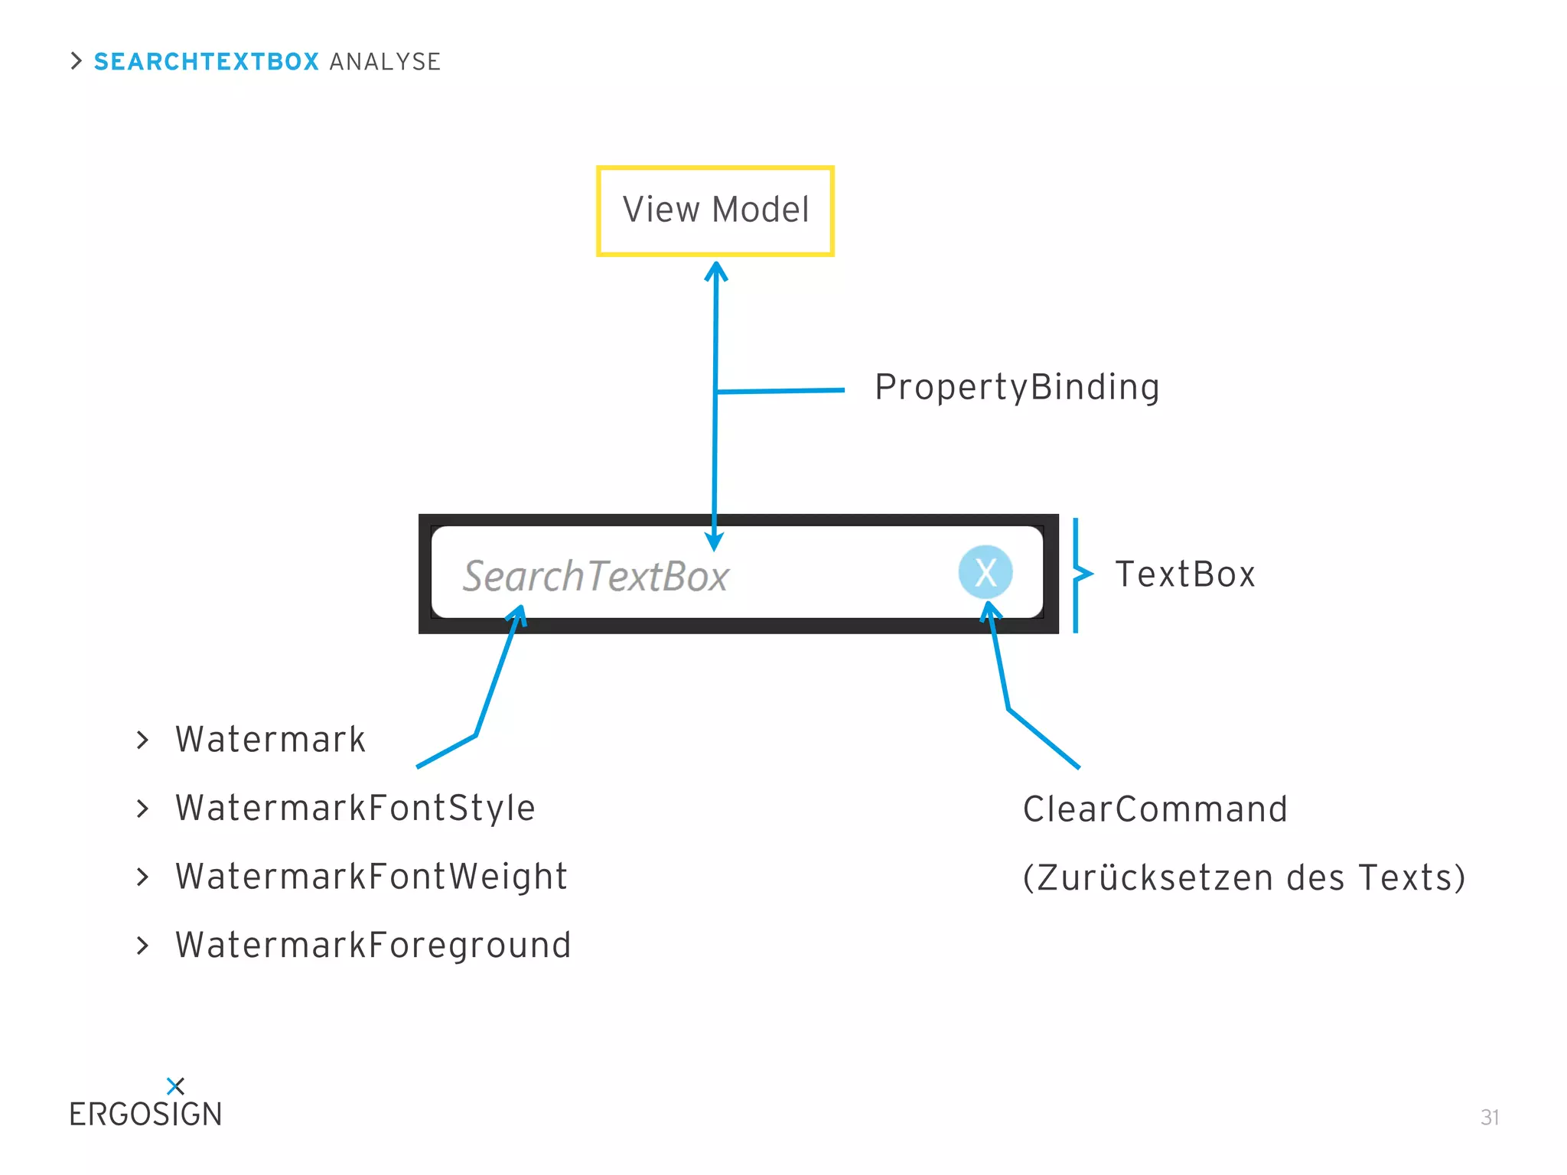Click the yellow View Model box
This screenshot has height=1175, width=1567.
[x=715, y=210]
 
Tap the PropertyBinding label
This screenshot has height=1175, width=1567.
[x=1016, y=387]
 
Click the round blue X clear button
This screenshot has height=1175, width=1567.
[x=985, y=572]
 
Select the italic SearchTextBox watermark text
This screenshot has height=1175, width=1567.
[x=595, y=576]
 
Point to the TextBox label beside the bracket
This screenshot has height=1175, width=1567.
[x=1184, y=574]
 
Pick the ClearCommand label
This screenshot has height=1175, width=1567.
[x=1155, y=809]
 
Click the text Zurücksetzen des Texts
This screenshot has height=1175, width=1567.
[x=1243, y=877]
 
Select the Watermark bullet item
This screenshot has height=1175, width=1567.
[x=270, y=740]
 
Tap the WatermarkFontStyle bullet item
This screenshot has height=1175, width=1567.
[x=355, y=809]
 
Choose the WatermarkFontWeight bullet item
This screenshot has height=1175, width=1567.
[x=371, y=877]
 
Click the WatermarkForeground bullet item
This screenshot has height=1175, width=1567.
[x=373, y=946]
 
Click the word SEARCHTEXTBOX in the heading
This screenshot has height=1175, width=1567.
[x=206, y=61]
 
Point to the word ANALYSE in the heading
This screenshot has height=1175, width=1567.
[x=385, y=61]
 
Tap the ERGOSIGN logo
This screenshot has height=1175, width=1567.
[x=145, y=1114]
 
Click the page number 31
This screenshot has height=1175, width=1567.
[x=1489, y=1117]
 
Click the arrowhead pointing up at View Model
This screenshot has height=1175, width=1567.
[x=715, y=271]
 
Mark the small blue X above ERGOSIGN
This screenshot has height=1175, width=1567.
[x=175, y=1085]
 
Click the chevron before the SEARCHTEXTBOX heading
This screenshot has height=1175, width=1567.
[x=76, y=61]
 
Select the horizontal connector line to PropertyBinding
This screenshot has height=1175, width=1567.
[x=780, y=391]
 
